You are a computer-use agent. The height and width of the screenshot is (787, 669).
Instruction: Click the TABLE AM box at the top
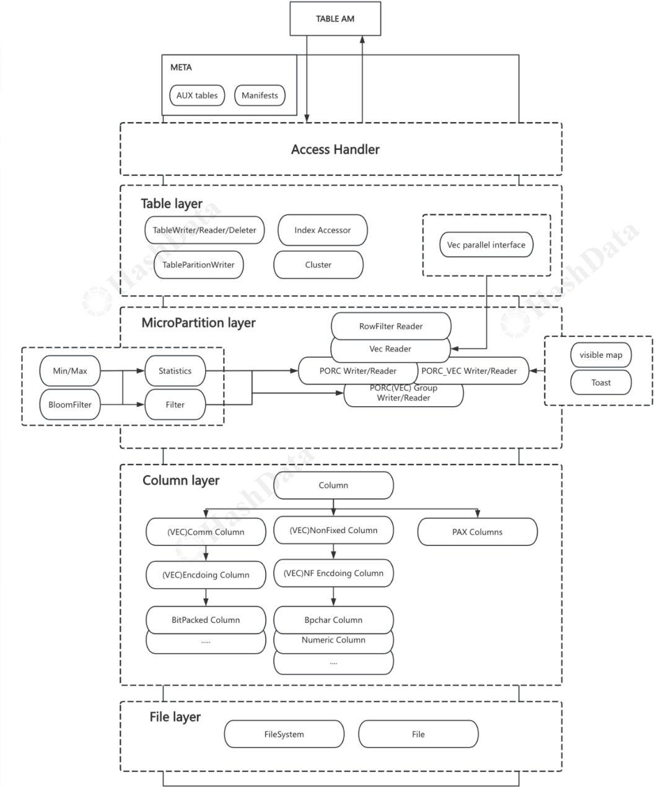(x=335, y=19)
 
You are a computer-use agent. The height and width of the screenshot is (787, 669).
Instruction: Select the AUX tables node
(x=197, y=95)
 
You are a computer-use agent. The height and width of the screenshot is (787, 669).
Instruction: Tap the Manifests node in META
(x=260, y=95)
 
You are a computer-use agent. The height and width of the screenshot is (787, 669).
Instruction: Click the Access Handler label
(x=335, y=149)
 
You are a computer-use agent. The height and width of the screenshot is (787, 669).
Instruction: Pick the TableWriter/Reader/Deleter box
(x=204, y=230)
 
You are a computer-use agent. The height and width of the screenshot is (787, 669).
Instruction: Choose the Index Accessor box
(x=322, y=230)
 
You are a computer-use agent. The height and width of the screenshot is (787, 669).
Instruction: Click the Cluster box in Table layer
(x=318, y=264)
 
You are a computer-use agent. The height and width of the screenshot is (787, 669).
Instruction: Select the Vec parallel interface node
(x=486, y=245)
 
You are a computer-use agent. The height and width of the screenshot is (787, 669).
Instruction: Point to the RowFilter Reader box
(x=391, y=326)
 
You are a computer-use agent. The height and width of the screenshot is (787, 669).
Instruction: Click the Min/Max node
(x=70, y=371)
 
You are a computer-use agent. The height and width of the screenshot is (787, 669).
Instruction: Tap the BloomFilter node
(x=70, y=404)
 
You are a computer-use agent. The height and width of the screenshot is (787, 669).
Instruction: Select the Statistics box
(x=175, y=371)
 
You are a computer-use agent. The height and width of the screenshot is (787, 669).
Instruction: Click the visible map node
(x=600, y=355)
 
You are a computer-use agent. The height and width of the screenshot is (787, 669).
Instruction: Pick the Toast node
(x=600, y=383)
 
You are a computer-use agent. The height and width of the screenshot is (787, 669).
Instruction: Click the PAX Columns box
(x=477, y=532)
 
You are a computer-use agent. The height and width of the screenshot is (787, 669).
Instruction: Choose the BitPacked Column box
(x=206, y=620)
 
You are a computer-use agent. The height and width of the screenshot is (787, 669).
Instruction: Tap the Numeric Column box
(x=333, y=641)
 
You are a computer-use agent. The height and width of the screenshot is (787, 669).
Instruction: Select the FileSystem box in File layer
(x=284, y=734)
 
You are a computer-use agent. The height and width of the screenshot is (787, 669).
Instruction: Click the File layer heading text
(x=175, y=717)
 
